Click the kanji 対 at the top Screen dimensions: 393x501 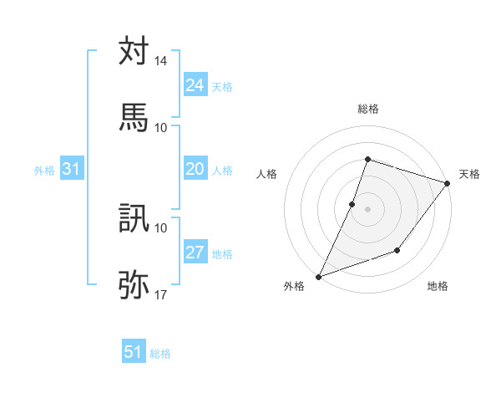click(134, 51)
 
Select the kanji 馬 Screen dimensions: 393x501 click(134, 117)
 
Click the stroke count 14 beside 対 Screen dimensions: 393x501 click(161, 61)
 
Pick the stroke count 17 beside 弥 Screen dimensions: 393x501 click(161, 294)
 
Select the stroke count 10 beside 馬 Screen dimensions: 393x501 click(161, 127)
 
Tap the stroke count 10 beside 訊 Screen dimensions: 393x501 click(161, 227)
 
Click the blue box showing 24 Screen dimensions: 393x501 click(195, 85)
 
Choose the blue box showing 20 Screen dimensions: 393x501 click(195, 169)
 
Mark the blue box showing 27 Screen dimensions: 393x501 click(195, 253)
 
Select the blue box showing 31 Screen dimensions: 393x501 click(72, 169)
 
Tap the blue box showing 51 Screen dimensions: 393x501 click(134, 352)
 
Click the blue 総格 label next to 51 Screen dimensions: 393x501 click(161, 354)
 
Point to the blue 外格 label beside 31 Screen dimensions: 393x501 click(44, 171)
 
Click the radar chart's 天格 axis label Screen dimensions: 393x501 click(469, 174)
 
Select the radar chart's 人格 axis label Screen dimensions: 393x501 click(267, 174)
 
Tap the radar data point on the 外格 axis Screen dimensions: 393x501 click(318, 276)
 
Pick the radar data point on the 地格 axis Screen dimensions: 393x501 click(398, 250)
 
